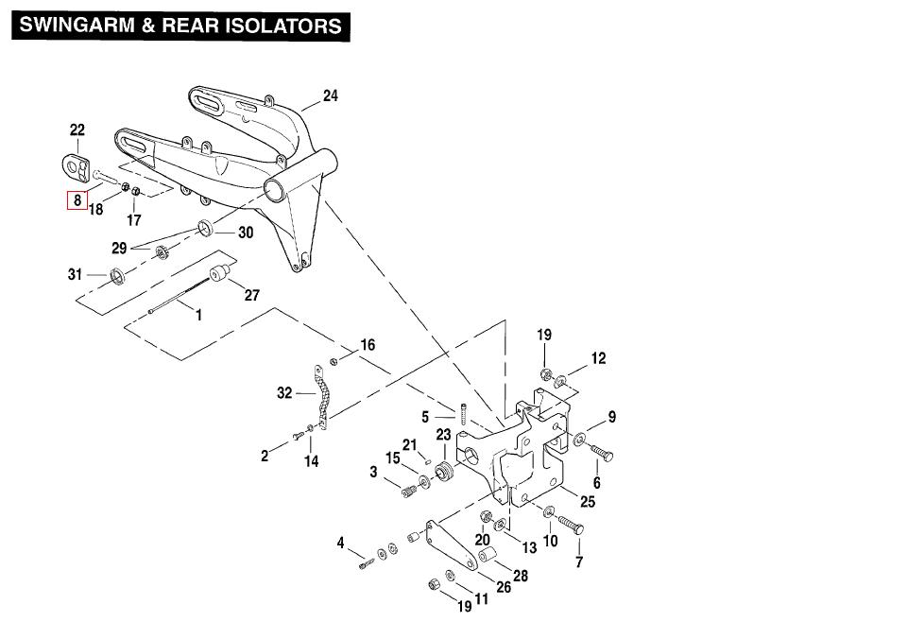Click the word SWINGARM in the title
click(73, 26)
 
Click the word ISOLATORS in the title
click(283, 26)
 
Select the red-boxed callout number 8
click(74, 200)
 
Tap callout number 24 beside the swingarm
click(330, 95)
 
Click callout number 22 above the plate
click(77, 130)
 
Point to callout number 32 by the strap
click(284, 393)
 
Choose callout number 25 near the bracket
click(587, 501)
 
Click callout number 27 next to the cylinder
click(251, 295)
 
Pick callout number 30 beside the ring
click(245, 233)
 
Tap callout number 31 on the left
click(75, 274)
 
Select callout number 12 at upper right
click(598, 358)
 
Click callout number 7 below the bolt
click(579, 562)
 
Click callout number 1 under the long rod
click(198, 315)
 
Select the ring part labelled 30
click(205, 228)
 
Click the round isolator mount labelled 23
click(446, 470)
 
